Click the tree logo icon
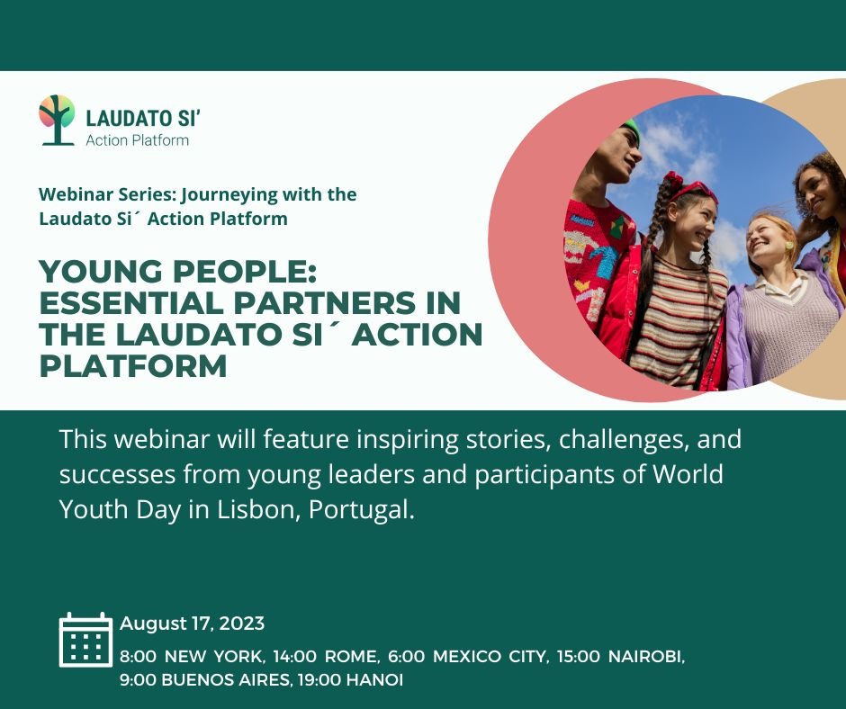pyautogui.click(x=57, y=120)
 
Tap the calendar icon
pyautogui.click(x=85, y=640)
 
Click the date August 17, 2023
pyautogui.click(x=192, y=624)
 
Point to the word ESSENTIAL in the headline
pyautogui.click(x=131, y=302)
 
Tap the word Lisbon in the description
pyautogui.click(x=258, y=509)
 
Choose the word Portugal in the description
pyautogui.click(x=362, y=510)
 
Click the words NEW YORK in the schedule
pyautogui.click(x=214, y=657)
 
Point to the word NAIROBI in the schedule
pyautogui.click(x=646, y=657)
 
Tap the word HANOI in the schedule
pyautogui.click(x=374, y=679)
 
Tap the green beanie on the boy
pyautogui.click(x=630, y=128)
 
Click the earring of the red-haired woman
pyautogui.click(x=788, y=246)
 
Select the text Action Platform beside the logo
pyautogui.click(x=138, y=140)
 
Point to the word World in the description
pyautogui.click(x=688, y=474)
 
